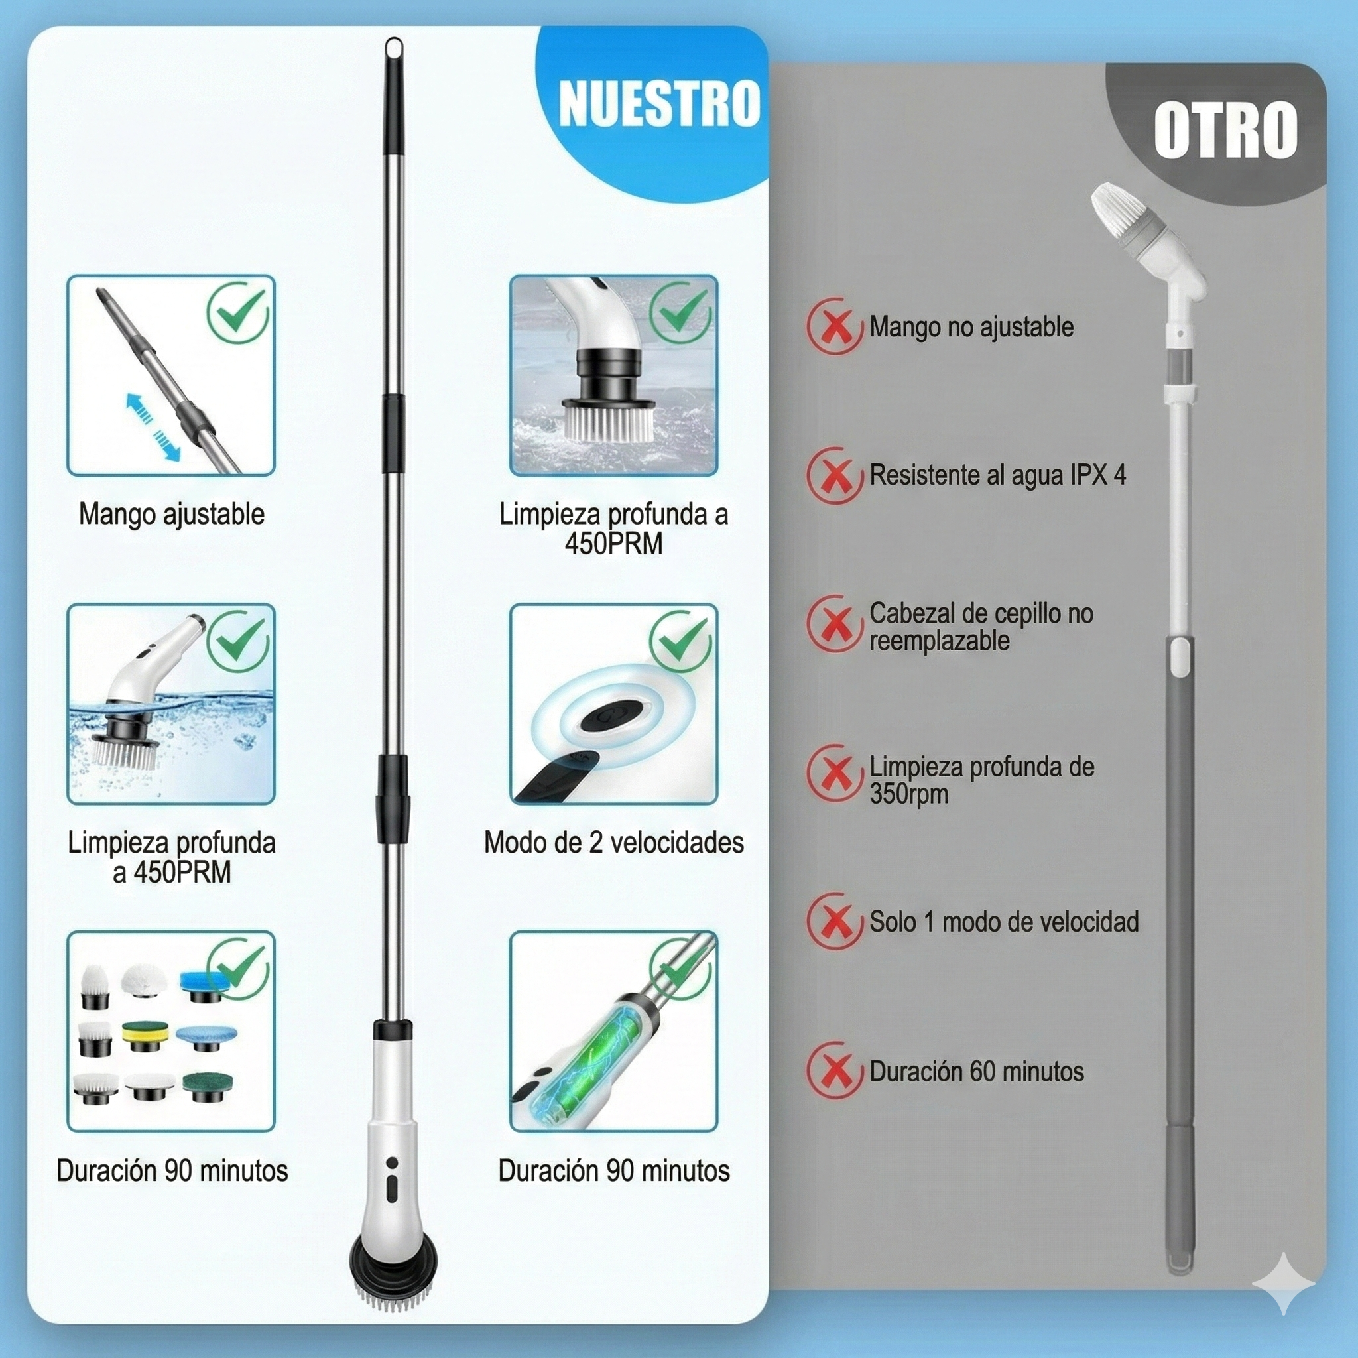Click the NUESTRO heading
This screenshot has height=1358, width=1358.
click(658, 104)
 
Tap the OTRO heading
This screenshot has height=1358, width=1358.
click(1225, 130)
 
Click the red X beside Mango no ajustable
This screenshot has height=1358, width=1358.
click(834, 326)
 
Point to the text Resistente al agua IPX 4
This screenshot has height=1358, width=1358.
click(997, 475)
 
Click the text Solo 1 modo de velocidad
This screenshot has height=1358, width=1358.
click(1004, 922)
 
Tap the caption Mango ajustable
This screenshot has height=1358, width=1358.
click(172, 514)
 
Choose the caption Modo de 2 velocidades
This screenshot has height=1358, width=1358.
click(613, 842)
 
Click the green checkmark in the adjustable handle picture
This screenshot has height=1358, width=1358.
click(238, 312)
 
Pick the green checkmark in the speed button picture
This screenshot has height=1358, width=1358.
click(680, 640)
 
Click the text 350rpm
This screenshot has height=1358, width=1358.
click(908, 794)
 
